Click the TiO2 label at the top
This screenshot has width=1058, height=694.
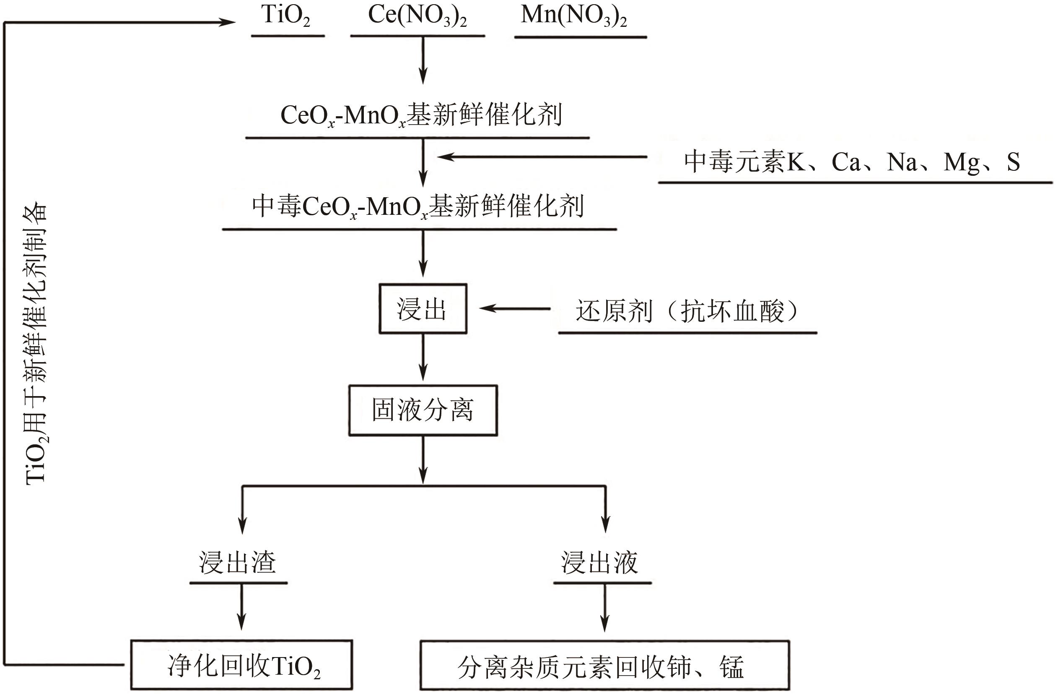[x=286, y=16]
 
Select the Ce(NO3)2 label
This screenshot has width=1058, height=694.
[x=417, y=16]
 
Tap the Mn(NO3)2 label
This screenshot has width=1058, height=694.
[x=574, y=16]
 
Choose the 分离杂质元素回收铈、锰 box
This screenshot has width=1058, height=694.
[x=604, y=666]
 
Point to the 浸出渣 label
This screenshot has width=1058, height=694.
[x=237, y=562]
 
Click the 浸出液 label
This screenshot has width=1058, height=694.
[x=599, y=562]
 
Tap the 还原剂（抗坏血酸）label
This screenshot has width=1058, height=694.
[x=687, y=310]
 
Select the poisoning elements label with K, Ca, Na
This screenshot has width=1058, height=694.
[x=852, y=162]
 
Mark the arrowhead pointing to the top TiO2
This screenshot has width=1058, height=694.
[x=227, y=22]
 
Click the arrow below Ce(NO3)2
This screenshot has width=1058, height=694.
[x=423, y=60]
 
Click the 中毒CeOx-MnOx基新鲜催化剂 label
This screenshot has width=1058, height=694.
[x=418, y=206]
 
